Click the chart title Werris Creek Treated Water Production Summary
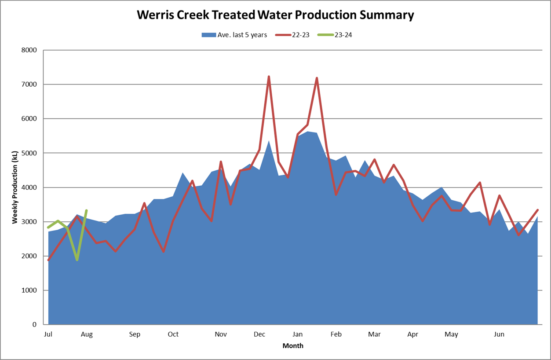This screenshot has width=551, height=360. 275,15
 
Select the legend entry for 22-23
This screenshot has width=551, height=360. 301,35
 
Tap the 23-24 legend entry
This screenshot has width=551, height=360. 343,35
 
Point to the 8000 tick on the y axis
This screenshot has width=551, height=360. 29,50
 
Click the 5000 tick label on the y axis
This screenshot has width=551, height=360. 29,153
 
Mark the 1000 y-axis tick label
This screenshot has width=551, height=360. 29,290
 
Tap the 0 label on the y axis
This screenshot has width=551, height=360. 34,325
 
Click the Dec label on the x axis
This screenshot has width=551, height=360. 259,334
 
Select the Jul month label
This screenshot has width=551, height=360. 48,334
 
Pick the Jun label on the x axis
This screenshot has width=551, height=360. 499,334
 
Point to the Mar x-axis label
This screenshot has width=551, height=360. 374,334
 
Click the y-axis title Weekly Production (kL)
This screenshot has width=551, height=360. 15,187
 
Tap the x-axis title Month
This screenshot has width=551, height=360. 293,346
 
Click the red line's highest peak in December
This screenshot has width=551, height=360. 269,77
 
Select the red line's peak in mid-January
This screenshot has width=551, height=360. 317,78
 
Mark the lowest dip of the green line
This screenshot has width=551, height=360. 77,260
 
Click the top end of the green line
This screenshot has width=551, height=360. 86,210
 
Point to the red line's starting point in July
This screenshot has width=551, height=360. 48,260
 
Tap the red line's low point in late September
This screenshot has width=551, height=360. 163,251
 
